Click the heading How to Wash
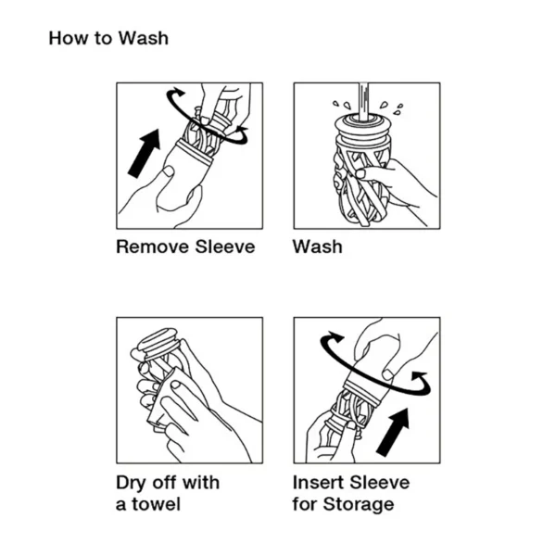pos(108,39)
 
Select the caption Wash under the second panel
pos(317,247)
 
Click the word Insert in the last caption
pos(319,483)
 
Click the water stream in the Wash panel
pos(365,96)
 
